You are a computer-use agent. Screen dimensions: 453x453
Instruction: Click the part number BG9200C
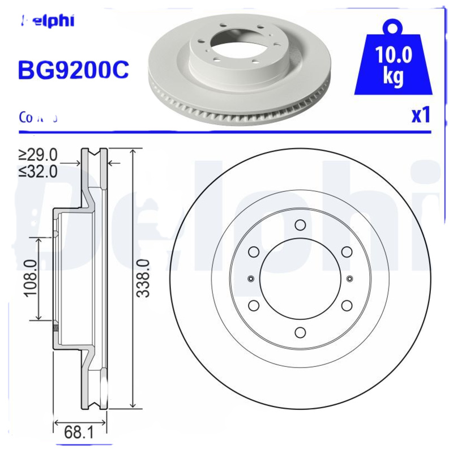tap(74, 70)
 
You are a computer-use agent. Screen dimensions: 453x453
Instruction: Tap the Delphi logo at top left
tap(48, 22)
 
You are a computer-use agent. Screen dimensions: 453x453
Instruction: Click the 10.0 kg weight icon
tap(393, 61)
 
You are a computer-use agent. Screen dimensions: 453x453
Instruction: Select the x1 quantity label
tap(421, 115)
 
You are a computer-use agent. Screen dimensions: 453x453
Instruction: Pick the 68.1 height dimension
tap(79, 433)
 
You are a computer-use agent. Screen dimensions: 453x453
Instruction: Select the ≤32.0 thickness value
tap(38, 172)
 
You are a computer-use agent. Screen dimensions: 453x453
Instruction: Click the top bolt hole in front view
tap(300, 225)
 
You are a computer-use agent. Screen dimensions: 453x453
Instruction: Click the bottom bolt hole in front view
tap(300, 332)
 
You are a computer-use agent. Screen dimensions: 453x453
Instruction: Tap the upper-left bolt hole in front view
tap(254, 251)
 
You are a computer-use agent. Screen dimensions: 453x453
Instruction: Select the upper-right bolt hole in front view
tap(347, 251)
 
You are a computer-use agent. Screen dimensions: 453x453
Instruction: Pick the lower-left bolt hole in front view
tap(254, 305)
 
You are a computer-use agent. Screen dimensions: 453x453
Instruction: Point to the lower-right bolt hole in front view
tap(347, 305)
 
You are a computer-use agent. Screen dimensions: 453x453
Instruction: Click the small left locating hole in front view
tap(251, 278)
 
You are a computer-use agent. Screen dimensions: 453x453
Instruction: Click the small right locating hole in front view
tap(349, 278)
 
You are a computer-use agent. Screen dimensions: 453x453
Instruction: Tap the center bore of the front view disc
tap(300, 278)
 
